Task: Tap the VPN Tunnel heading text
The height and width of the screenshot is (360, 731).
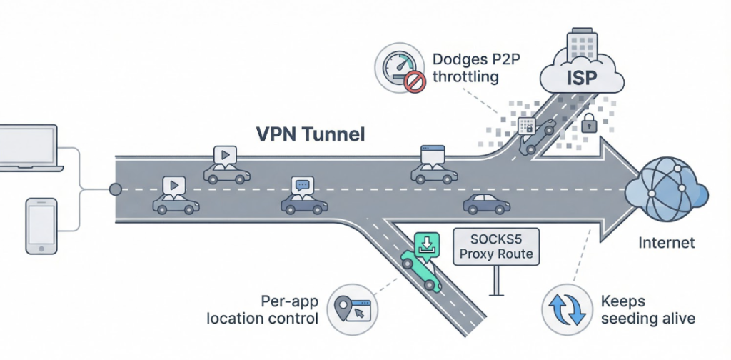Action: [310, 134]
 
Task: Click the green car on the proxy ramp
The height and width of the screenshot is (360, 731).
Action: [420, 270]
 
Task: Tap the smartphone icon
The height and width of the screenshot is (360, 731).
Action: [41, 226]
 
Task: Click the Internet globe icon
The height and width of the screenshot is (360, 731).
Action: [665, 191]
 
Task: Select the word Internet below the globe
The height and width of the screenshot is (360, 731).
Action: [666, 243]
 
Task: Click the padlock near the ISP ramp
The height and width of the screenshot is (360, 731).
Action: [589, 123]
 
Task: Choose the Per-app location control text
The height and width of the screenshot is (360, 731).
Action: [263, 309]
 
